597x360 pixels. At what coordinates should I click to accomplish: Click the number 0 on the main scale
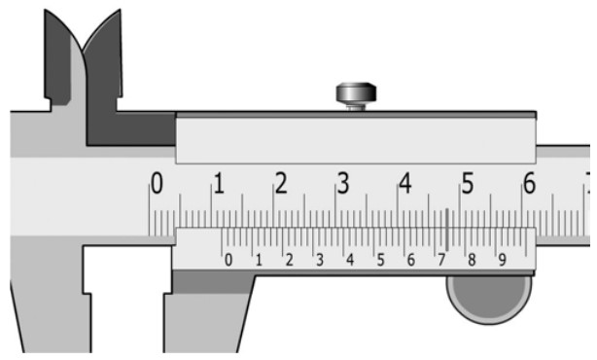157,183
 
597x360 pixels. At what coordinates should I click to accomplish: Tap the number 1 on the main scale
219,183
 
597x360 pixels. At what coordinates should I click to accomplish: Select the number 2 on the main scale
281,183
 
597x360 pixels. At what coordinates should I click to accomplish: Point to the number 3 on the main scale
343,183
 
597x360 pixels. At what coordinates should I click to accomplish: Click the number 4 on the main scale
405,183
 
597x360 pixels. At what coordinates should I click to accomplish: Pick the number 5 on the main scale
468,183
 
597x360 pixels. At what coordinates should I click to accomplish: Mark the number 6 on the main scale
530,183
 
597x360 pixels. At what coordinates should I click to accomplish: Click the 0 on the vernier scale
228,260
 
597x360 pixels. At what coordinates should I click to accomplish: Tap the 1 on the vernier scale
259,260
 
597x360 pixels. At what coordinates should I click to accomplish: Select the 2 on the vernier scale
290,260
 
